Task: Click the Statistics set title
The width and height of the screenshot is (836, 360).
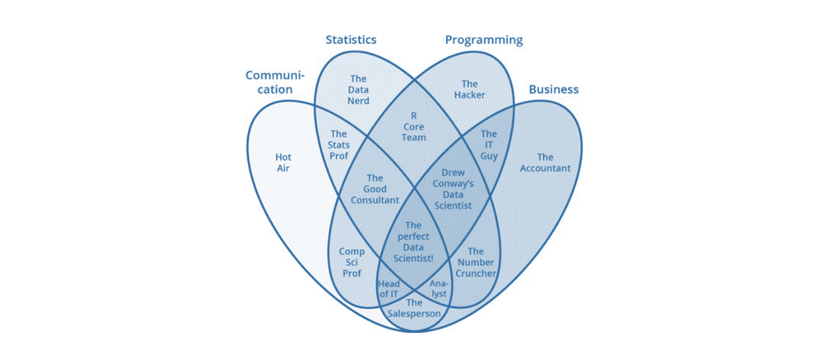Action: [351, 40]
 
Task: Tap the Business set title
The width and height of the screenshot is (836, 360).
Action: [554, 89]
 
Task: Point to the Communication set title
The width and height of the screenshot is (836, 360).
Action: [275, 82]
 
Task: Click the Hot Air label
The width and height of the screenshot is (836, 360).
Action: [283, 163]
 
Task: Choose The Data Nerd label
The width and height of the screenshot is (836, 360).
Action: [358, 90]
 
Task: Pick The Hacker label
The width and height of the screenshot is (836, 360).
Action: [470, 89]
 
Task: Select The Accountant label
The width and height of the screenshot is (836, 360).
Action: [545, 163]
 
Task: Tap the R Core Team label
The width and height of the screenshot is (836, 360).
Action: [414, 127]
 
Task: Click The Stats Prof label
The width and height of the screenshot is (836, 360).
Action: [338, 145]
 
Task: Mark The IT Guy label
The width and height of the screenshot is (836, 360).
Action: [489, 145]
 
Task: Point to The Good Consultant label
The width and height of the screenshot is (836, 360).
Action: [375, 189]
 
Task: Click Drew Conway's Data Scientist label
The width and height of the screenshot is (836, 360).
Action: [453, 189]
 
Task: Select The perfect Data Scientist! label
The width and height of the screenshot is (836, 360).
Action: [413, 242]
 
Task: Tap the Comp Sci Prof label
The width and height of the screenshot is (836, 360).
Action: [352, 262]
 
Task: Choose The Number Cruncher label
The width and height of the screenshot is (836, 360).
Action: [476, 262]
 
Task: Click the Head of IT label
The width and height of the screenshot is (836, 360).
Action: [389, 289]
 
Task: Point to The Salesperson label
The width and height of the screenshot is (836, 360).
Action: [414, 308]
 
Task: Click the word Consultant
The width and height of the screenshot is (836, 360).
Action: [375, 200]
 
